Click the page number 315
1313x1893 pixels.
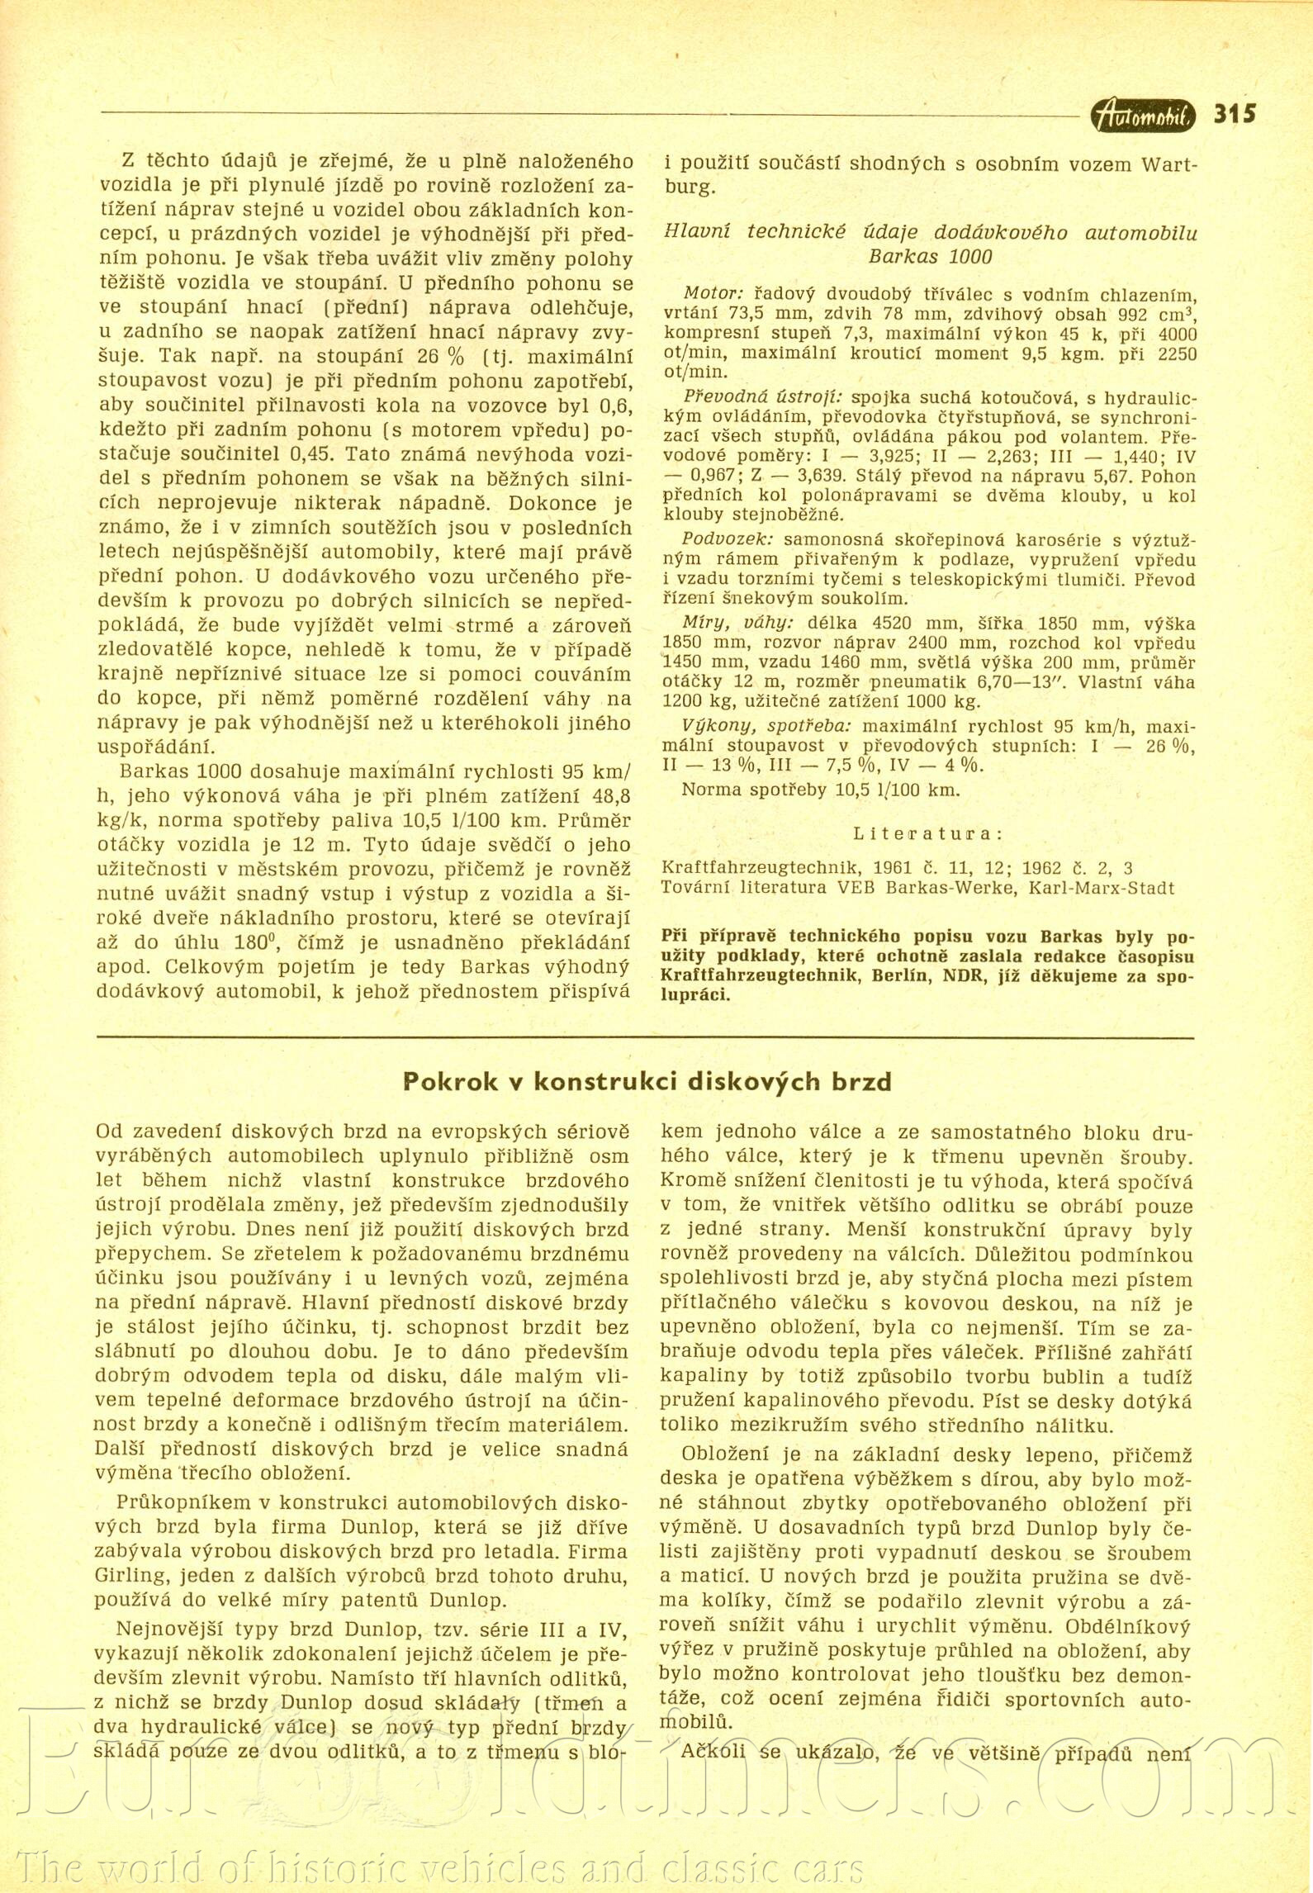(1235, 113)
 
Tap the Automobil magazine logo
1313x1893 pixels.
(1143, 116)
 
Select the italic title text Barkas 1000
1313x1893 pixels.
(930, 257)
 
